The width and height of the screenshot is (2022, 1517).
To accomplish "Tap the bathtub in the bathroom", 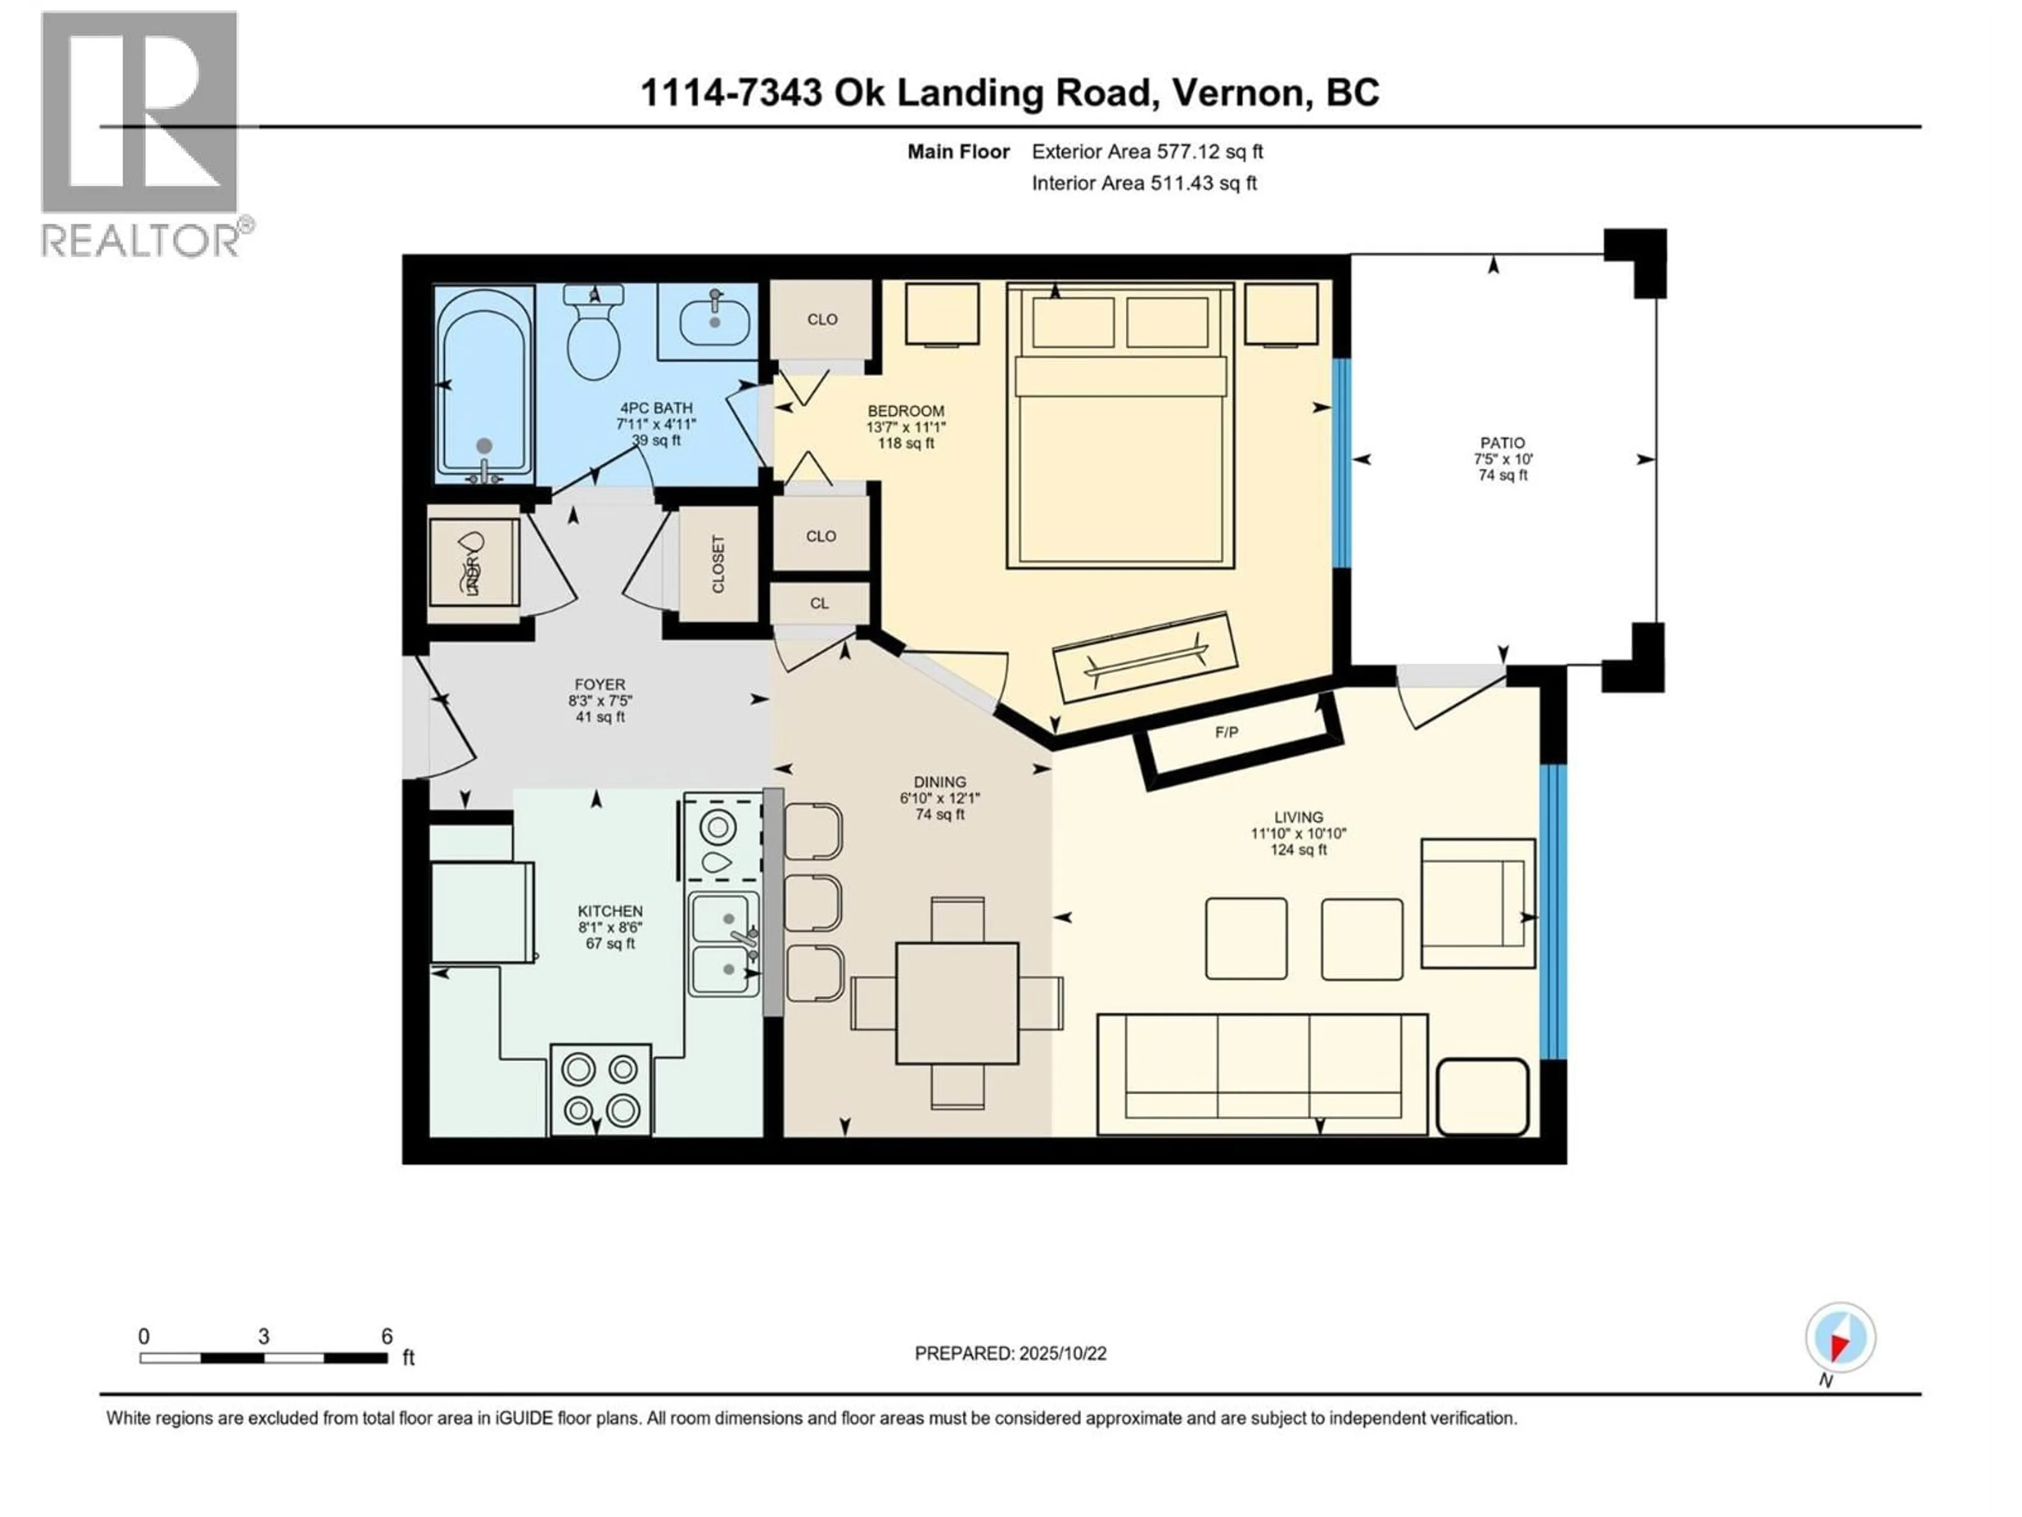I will click(x=484, y=384).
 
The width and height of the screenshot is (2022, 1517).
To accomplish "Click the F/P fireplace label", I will click(x=1227, y=733).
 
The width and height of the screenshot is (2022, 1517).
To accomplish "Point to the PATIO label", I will click(x=1502, y=442).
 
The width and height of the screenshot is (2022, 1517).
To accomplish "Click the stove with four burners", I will click(x=601, y=1090).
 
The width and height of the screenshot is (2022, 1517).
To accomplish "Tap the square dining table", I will click(x=957, y=1003).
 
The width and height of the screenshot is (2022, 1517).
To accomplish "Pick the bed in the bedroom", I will click(x=1120, y=425).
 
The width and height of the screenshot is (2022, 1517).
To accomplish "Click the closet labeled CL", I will click(x=819, y=604).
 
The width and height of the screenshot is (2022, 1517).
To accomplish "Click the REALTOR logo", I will click(x=142, y=133).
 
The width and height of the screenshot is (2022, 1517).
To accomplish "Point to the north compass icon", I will click(x=1840, y=1338).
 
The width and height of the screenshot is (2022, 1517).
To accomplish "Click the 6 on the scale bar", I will click(x=386, y=1336).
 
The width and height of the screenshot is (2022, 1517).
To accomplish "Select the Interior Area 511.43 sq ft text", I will click(x=1144, y=183).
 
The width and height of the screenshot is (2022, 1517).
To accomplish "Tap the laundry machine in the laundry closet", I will click(x=473, y=562).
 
